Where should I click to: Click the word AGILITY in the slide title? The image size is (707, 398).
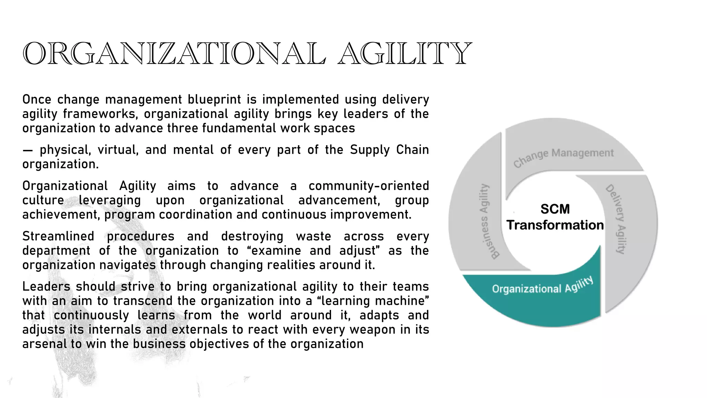[404, 54]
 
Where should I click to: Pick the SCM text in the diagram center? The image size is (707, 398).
[555, 209]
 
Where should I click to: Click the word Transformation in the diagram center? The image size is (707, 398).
[555, 225]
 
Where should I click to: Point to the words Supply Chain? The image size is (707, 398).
[389, 150]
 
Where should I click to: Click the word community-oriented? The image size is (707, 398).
[368, 186]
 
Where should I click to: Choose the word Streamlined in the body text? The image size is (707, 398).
[58, 236]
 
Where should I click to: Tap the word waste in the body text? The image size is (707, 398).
[313, 236]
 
